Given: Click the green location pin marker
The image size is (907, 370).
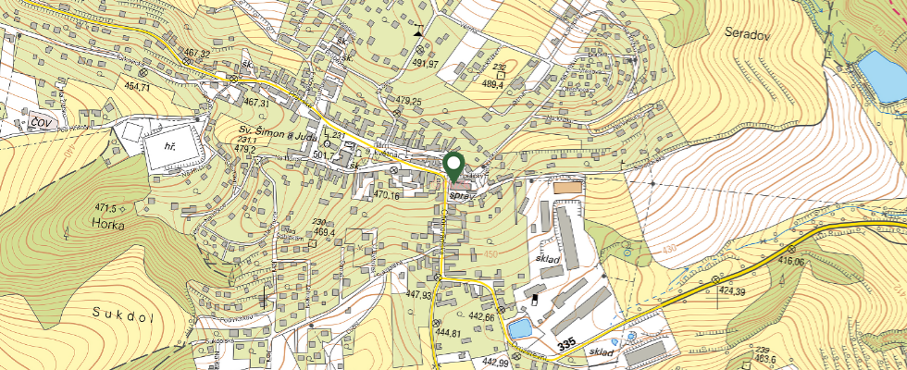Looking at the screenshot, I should (454, 167).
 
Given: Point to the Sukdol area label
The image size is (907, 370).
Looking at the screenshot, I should (121, 313).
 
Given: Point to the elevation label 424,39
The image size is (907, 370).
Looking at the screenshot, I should (730, 291).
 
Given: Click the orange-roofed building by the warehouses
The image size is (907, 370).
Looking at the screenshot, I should (567, 188).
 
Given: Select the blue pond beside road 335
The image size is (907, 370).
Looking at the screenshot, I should (520, 329).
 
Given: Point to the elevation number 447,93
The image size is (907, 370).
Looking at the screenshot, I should (418, 295).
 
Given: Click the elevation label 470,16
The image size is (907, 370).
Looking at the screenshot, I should (385, 196).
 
